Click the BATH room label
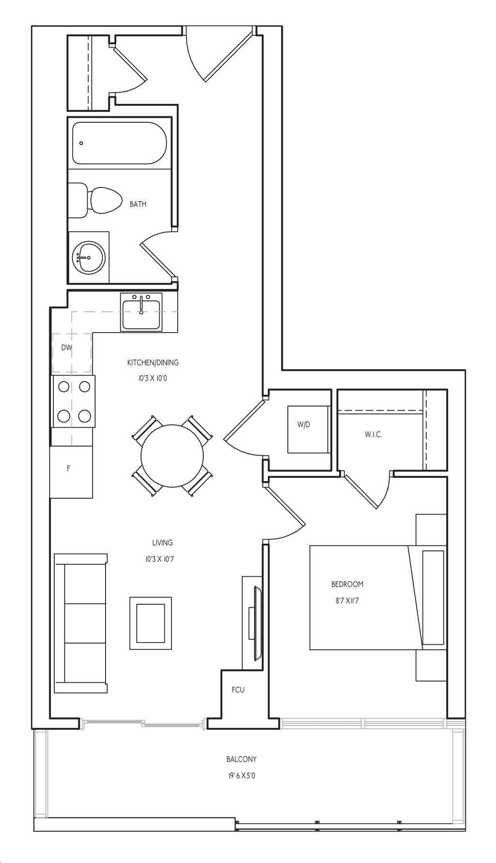(x=138, y=204)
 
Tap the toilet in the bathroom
(x=95, y=200)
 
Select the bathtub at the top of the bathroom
(x=119, y=143)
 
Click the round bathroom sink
(x=89, y=257)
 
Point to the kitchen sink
(x=141, y=314)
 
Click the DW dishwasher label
(x=66, y=347)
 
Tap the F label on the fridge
(x=68, y=469)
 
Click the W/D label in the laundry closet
(x=304, y=425)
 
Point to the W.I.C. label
(x=373, y=435)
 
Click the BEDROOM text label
(x=347, y=584)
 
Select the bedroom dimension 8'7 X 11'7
(x=347, y=601)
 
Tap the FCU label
(x=238, y=690)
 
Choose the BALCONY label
(x=241, y=759)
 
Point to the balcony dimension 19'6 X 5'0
(x=241, y=776)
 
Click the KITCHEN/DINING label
(x=153, y=362)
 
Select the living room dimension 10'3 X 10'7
(x=159, y=559)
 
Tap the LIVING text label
(x=162, y=543)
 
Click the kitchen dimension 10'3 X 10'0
(x=153, y=378)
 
